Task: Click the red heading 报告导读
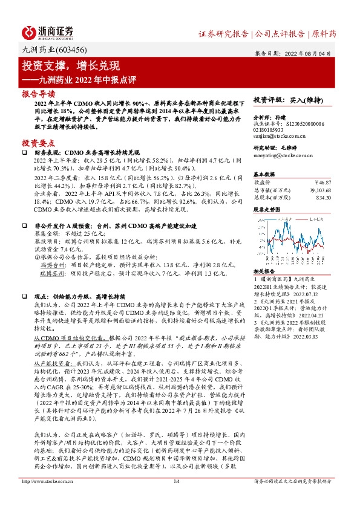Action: [38, 94]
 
